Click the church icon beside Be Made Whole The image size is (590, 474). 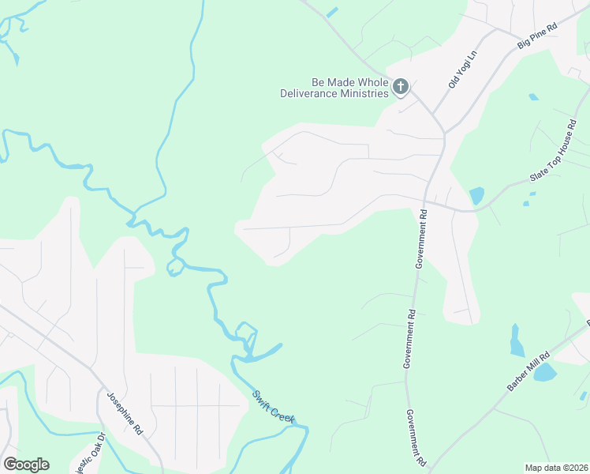(401, 87)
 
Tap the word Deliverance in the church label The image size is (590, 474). (312, 93)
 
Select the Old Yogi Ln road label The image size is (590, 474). (463, 70)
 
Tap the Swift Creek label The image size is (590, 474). (272, 404)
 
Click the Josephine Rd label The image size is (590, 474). (124, 414)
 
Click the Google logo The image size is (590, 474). (26, 465)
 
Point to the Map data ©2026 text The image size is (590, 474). (555, 468)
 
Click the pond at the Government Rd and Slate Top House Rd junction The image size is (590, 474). (476, 195)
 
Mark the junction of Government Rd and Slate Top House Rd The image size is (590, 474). (427, 202)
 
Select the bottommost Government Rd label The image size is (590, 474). (416, 437)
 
